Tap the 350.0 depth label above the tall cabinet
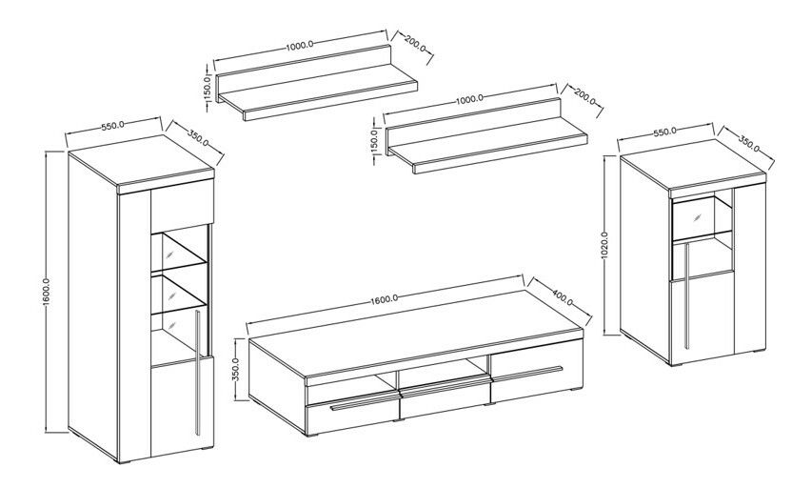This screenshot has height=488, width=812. tap(198, 138)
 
